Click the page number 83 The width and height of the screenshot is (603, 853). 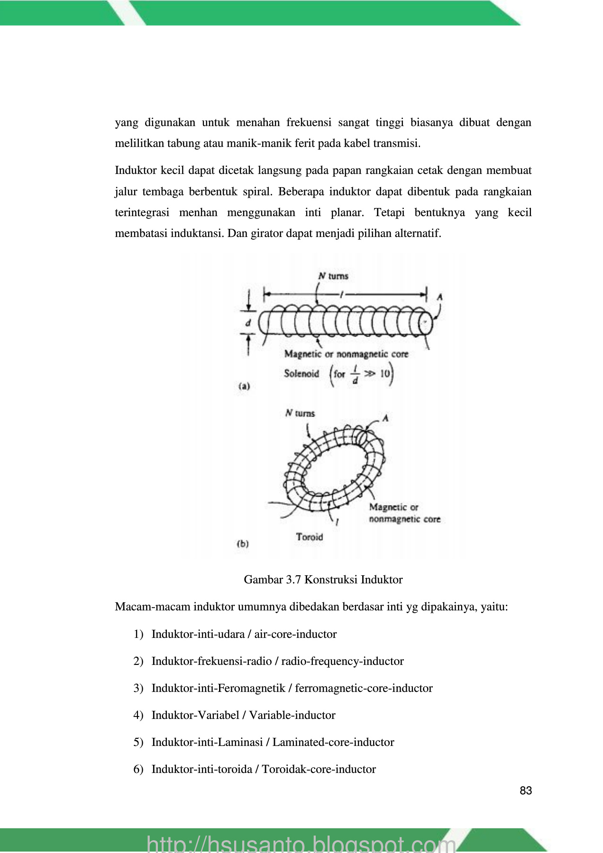525,790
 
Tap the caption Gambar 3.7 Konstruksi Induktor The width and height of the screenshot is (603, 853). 323,580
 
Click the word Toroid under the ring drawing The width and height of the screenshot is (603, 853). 309,537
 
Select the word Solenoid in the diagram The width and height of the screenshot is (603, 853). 301,373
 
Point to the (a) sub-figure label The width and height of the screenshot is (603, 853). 244,386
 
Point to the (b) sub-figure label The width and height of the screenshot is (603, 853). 243,544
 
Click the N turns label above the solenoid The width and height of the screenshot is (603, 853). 333,276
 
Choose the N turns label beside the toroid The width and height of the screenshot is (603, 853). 300,413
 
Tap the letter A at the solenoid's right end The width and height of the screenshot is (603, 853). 439,297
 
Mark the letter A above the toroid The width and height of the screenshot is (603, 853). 385,418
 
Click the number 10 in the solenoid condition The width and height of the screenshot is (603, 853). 384,373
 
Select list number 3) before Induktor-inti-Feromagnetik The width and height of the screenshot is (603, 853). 138,688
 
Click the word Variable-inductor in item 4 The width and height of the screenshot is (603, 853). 292,715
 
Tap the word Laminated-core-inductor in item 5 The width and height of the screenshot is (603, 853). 333,742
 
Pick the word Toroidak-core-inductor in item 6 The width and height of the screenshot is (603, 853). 319,769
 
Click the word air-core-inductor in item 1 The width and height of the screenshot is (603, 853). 295,634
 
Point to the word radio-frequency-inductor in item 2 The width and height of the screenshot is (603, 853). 342,661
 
